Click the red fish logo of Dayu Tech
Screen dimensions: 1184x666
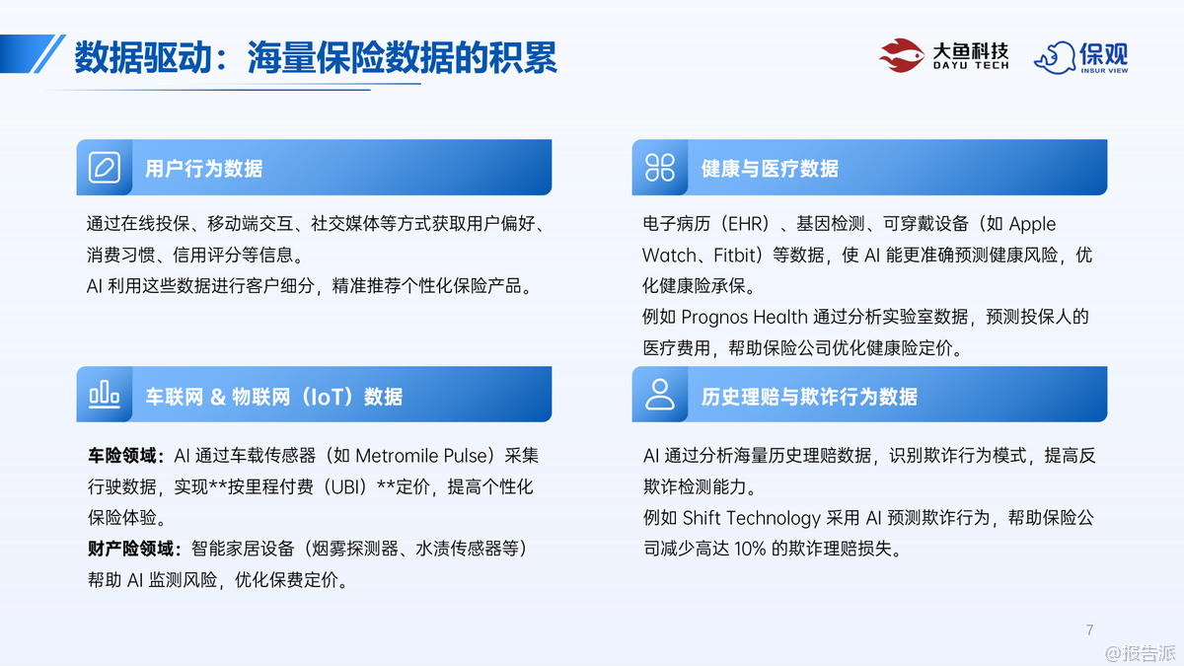point(902,55)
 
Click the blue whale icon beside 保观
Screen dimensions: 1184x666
point(1055,57)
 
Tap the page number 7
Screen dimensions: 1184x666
point(1089,629)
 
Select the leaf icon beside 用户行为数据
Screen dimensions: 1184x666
point(105,168)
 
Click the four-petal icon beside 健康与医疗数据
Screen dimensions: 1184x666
point(660,168)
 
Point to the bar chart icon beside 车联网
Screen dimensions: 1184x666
point(105,395)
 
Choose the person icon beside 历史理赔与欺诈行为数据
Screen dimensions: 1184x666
point(660,395)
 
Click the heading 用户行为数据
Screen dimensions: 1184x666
point(203,169)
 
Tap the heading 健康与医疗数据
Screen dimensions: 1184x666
point(770,169)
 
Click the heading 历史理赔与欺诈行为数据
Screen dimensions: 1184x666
point(809,397)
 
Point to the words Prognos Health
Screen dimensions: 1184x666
point(744,317)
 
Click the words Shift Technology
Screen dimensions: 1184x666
point(751,518)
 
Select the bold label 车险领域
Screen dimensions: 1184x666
point(122,456)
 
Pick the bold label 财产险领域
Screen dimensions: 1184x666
point(130,549)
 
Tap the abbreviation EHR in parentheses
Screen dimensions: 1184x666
point(748,224)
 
